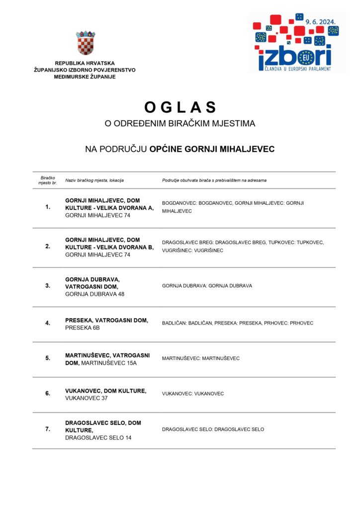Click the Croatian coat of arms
[86, 43]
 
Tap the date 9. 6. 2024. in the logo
[321, 22]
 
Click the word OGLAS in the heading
[180, 107]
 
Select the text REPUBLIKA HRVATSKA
[85, 63]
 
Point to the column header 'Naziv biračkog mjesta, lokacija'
[94, 180]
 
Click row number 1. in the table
[48, 207]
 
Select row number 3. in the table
[48, 286]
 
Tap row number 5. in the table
[48, 358]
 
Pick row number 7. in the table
[48, 429]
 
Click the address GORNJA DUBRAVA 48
[94, 294]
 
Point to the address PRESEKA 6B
[83, 328]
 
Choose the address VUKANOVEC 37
[87, 399]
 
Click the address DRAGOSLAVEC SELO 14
[98, 438]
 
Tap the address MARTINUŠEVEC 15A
[109, 363]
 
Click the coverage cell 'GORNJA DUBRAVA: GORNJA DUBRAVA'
[207, 286]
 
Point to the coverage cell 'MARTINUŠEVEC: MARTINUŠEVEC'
[201, 358]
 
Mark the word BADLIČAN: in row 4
[175, 323]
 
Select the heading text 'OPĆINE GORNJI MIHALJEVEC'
[212, 149]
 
